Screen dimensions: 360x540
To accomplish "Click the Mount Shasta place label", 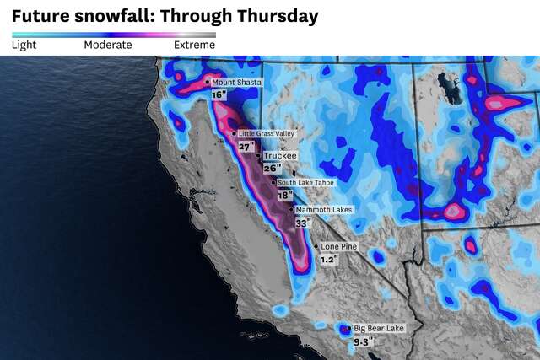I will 237,82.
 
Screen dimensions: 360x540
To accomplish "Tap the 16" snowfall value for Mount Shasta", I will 219,95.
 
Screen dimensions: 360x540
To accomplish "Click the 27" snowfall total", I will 246,147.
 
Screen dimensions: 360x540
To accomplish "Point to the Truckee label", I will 279,156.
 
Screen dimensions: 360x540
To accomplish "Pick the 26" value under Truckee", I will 272,169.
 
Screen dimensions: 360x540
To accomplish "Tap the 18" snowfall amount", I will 284,195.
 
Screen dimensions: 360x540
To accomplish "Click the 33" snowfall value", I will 303,223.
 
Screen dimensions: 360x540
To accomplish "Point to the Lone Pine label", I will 338,246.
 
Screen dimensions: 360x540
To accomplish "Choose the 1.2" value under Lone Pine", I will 328,260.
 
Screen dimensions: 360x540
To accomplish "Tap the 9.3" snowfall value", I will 363,342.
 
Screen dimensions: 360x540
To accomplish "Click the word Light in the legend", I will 24,45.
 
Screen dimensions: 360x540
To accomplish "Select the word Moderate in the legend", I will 107,45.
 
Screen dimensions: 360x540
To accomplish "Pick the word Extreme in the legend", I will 194,45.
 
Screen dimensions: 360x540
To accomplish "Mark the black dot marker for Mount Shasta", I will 208,82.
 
